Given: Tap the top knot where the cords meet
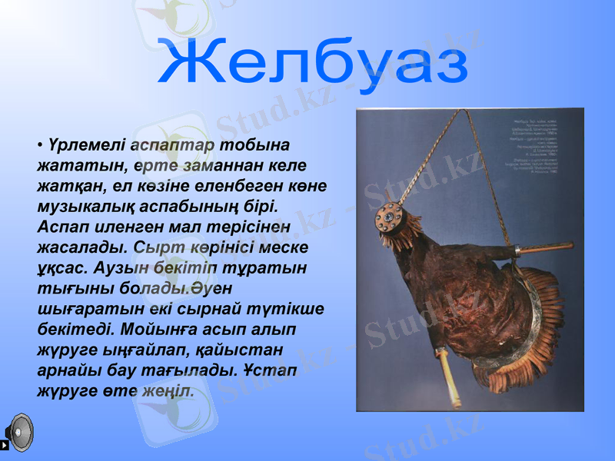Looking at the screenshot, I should (465, 112).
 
